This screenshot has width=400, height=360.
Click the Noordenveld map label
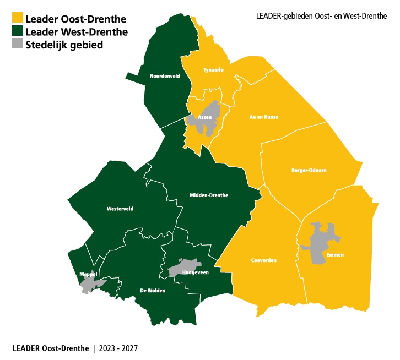click(165, 77)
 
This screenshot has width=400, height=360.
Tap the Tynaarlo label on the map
click(213, 70)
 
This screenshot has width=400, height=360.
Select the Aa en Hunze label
click(264, 117)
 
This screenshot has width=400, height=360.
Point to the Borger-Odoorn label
click(309, 171)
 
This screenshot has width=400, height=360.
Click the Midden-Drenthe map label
click(208, 195)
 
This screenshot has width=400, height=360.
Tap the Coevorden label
click(263, 260)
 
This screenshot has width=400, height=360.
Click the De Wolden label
click(153, 290)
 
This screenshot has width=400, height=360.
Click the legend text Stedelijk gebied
click(64, 45)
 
